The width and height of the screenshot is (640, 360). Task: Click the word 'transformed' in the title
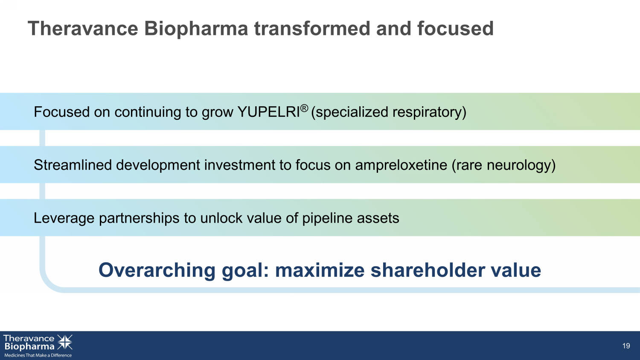click(x=312, y=29)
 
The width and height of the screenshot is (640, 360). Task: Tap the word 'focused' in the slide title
click(x=455, y=29)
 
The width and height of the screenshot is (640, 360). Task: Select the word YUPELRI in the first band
click(x=268, y=112)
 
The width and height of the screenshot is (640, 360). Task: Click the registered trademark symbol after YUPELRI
click(x=304, y=108)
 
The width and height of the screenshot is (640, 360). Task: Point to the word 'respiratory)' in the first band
click(x=429, y=112)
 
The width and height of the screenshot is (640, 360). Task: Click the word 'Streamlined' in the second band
click(x=73, y=165)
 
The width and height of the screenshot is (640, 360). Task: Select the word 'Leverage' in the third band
click(x=64, y=218)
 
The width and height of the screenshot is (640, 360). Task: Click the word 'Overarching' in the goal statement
click(x=157, y=270)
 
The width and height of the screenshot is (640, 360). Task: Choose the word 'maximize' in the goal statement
click(x=320, y=270)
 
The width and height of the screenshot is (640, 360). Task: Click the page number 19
click(x=626, y=346)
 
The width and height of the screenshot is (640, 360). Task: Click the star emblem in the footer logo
click(x=65, y=342)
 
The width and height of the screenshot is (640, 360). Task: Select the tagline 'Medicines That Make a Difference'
click(x=38, y=355)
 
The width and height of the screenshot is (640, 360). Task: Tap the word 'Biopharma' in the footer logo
click(x=29, y=347)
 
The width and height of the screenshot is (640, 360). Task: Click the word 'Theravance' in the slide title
click(x=83, y=29)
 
